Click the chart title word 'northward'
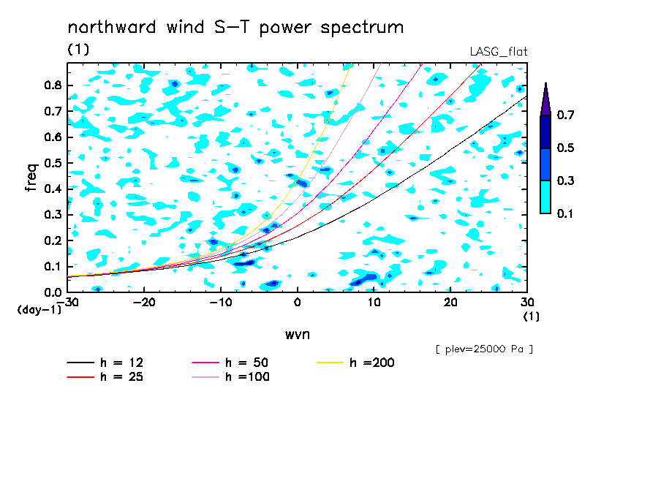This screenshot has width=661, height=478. coord(112,27)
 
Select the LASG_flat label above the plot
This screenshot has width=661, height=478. coord(499,51)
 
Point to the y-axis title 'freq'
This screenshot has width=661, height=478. coord(31,178)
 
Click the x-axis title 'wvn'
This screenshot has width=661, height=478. coord(298,335)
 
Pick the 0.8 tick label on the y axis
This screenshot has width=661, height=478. coord(53,85)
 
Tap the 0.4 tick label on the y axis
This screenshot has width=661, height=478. coord(53,189)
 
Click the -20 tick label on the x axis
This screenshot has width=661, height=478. coord(144,303)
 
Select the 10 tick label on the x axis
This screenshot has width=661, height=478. coord(374,303)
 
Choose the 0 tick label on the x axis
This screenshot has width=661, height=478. coord(298,303)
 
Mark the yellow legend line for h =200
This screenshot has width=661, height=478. coord(330,363)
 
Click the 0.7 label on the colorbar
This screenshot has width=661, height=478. coord(565,115)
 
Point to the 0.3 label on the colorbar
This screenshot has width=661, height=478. coord(565,181)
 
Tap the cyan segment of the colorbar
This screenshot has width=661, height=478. coord(545,197)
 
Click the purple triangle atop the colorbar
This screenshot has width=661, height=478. coord(545,99)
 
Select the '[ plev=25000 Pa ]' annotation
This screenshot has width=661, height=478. coord(484,349)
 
